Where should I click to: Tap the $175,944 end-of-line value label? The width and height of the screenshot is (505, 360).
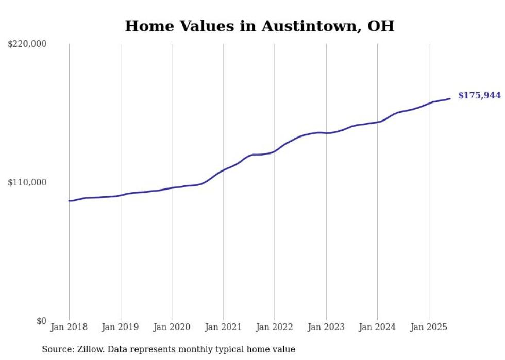pos(479,95)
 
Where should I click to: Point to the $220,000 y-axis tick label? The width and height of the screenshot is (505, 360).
pos(27,44)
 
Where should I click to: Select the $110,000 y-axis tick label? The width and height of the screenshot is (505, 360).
pos(27,182)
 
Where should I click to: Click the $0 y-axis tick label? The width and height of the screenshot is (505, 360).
pos(41,321)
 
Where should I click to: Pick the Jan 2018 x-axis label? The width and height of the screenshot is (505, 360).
pos(70,327)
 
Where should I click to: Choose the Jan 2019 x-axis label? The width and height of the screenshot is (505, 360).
pos(121,327)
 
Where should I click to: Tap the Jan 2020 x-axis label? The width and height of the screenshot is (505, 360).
pos(172,327)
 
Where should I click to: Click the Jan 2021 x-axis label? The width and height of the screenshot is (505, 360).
pos(223,327)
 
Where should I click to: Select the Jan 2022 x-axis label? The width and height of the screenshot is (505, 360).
pos(275,327)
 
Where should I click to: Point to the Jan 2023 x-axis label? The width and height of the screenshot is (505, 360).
pos(326,327)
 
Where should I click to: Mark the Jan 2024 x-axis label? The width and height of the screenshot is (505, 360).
pos(377,327)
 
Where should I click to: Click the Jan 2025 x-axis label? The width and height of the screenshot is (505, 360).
pos(429,327)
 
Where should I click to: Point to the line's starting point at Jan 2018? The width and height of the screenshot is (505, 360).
pos(70,201)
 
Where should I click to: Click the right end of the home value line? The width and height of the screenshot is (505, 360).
pos(450,98)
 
